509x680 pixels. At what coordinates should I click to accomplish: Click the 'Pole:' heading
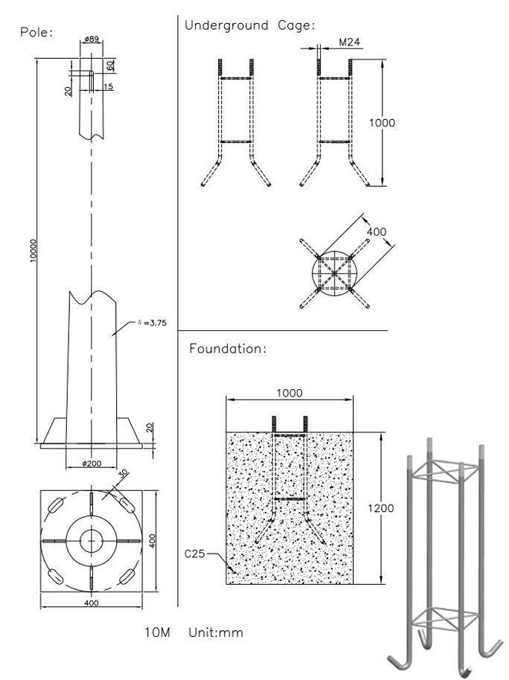tap(36, 32)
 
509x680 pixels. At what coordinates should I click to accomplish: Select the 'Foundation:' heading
tap(228, 347)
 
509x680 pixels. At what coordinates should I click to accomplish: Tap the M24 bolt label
tap(350, 42)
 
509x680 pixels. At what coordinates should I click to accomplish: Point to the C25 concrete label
tap(196, 554)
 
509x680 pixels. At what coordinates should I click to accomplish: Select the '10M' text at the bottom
tap(159, 632)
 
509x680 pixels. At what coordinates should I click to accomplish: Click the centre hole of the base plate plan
tap(92, 539)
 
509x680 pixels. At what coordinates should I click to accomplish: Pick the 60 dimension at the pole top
tap(109, 65)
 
